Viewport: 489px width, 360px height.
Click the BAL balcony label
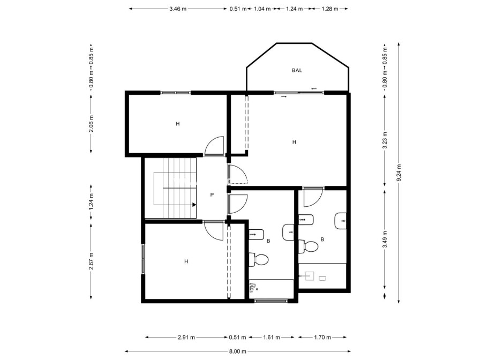(297, 70)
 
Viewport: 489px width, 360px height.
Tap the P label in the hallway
(212, 195)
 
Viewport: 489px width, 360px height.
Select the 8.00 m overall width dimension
(237, 351)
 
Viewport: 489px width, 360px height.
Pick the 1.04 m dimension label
(262, 9)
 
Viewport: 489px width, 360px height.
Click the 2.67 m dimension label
(91, 261)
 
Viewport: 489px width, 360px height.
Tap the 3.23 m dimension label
(385, 140)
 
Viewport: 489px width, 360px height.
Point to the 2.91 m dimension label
(186, 337)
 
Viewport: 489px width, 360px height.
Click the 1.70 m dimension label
(322, 337)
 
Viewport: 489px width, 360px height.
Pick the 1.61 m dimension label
(272, 337)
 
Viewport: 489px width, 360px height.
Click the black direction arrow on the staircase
(193, 204)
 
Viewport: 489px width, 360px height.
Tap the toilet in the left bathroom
(261, 260)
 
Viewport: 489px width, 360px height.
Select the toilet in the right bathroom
(310, 246)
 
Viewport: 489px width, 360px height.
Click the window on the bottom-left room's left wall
(143, 259)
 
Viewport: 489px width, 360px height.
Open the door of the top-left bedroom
(214, 145)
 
